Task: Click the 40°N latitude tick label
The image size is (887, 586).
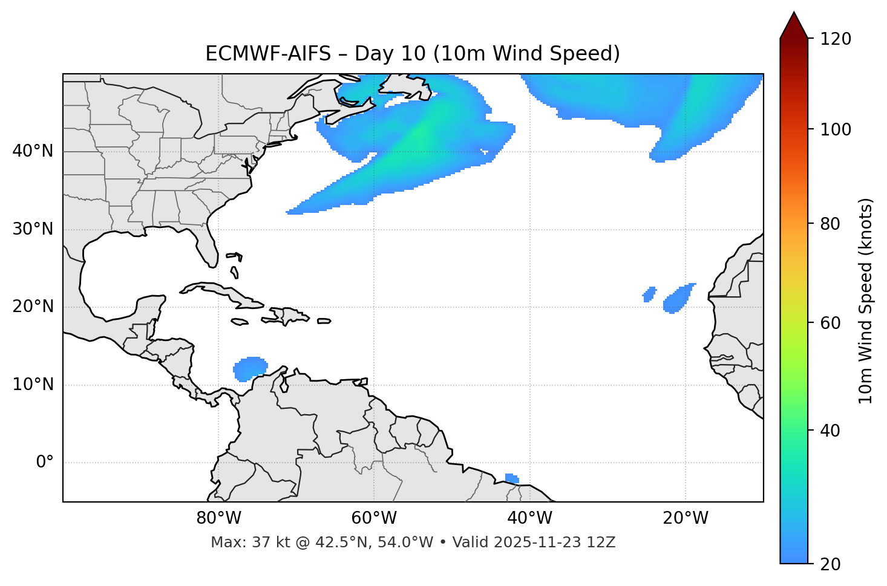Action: (x=33, y=151)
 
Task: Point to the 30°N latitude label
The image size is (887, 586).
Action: (x=33, y=229)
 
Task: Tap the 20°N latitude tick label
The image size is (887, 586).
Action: (x=33, y=307)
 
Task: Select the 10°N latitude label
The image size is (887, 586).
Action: (x=33, y=385)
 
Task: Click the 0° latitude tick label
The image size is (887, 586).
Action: (x=44, y=463)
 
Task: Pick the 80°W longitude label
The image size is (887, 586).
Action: (x=218, y=518)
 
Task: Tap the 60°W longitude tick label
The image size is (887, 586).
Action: (x=374, y=518)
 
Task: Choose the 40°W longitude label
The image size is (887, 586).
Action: (x=529, y=518)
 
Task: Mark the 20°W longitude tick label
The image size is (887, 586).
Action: (x=685, y=518)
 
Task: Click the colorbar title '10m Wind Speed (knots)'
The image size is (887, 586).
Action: (x=866, y=301)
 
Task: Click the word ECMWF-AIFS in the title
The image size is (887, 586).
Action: (x=268, y=54)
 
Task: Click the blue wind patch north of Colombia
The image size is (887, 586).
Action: (x=250, y=368)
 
